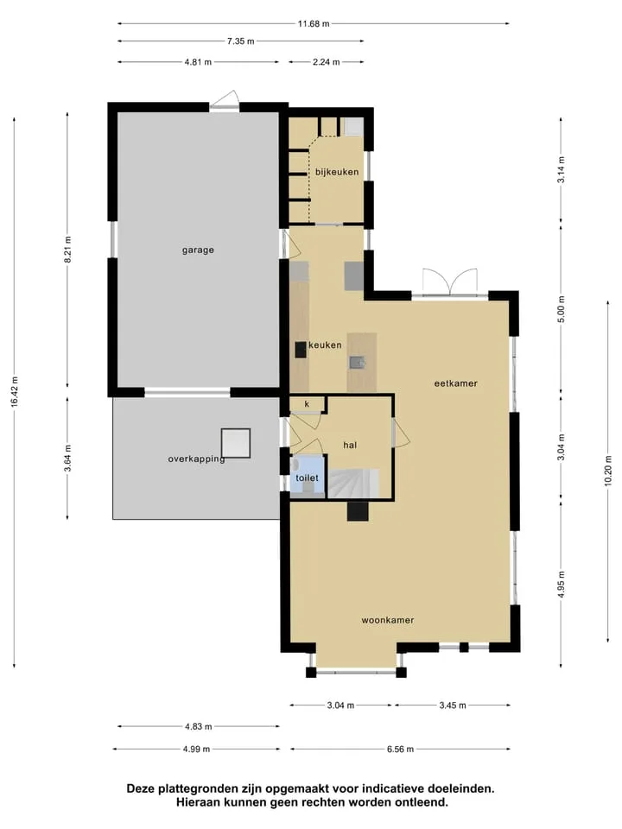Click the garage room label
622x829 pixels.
199,250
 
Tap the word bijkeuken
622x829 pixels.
337,172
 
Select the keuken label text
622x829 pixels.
325,345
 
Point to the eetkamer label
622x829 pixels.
456,383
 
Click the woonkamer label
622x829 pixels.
388,620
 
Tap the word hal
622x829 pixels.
350,446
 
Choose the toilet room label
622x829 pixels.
308,478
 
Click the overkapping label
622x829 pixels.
197,459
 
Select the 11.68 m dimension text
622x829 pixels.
314,24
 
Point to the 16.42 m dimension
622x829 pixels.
15,392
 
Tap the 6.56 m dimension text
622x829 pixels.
400,750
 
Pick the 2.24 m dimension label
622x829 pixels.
327,62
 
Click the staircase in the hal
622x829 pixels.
353,484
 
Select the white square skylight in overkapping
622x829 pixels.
236,443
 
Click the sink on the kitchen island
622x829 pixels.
357,362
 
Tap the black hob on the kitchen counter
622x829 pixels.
301,350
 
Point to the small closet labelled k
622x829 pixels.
308,404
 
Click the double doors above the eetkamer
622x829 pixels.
450,283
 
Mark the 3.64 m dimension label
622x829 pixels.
67,459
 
